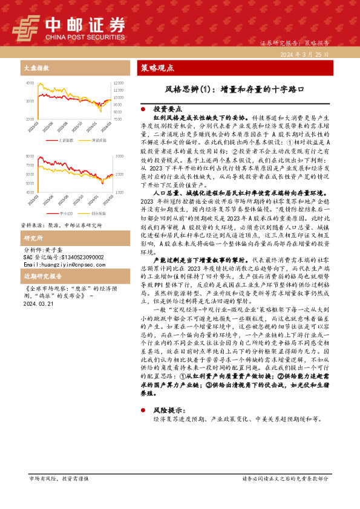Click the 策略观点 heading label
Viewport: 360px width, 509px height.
tap(158, 67)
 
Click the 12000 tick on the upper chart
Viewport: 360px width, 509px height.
tap(118, 82)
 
